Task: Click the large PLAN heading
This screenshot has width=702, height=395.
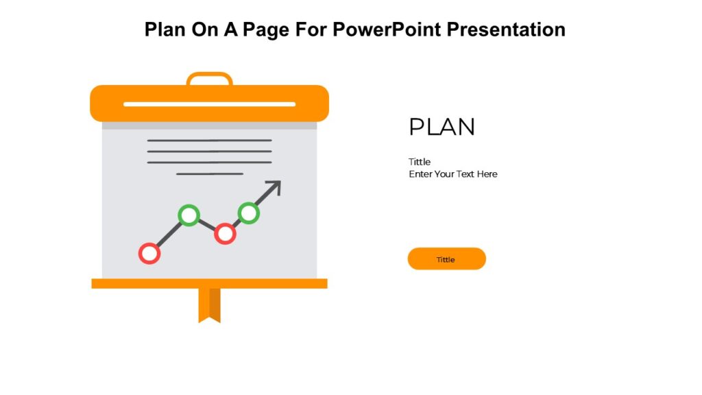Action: [441, 128]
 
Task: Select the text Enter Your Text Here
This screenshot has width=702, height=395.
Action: [453, 174]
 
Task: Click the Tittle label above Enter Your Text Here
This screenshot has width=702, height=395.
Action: [420, 162]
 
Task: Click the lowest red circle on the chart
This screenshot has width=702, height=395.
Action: [149, 253]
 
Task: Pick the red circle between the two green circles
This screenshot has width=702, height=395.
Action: [225, 233]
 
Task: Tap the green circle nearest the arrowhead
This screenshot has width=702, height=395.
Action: [248, 213]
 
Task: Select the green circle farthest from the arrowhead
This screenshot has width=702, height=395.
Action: [189, 215]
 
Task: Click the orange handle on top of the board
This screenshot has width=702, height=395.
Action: [209, 77]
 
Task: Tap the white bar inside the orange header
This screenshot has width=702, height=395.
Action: [209, 104]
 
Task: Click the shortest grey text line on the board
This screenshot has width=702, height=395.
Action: [209, 174]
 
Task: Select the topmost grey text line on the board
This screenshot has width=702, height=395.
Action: [209, 141]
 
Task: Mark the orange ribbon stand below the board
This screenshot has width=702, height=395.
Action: [209, 304]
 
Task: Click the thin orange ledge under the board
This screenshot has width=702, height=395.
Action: [209, 283]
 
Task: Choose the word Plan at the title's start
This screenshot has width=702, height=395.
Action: [165, 29]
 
